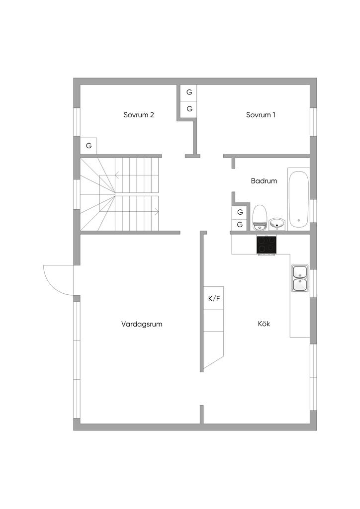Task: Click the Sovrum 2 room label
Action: [x=139, y=115]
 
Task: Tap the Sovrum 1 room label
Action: [x=261, y=115]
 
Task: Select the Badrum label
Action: [x=264, y=181]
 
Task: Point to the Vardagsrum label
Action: [x=142, y=324]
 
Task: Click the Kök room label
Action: [x=264, y=324]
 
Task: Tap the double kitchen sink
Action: [x=300, y=278]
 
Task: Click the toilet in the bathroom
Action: [x=259, y=218]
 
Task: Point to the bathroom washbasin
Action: [x=277, y=224]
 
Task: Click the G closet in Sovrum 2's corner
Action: [x=89, y=146]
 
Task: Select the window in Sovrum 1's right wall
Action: [x=313, y=121]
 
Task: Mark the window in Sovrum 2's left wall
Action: [x=77, y=121]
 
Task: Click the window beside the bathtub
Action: [x=313, y=210]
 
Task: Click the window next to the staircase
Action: [x=77, y=193]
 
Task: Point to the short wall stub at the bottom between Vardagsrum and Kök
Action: [x=201, y=415]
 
